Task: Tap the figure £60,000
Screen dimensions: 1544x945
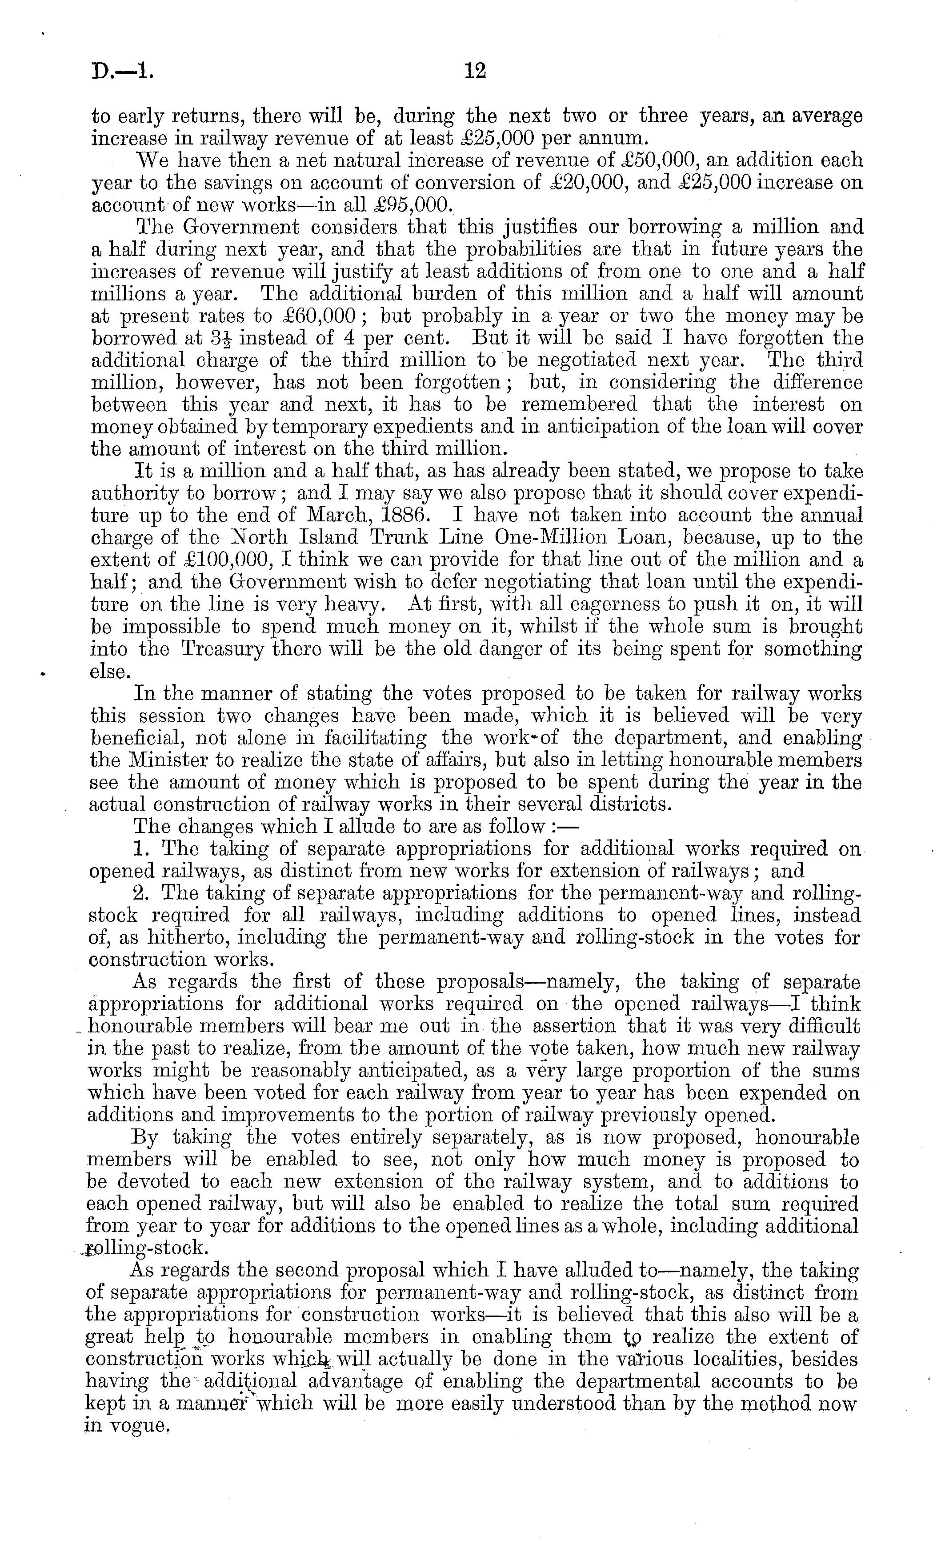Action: pos(312,316)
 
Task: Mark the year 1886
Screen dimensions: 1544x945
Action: pos(394,515)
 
